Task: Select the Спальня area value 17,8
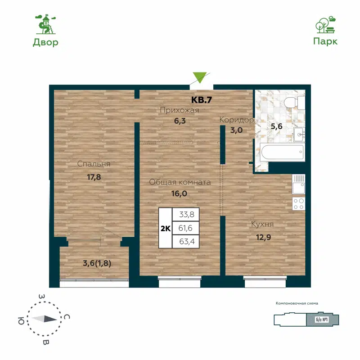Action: point(94,177)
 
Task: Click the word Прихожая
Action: point(180,110)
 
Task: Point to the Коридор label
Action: point(237,120)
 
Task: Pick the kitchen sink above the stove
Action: point(298,184)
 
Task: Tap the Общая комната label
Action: point(180,182)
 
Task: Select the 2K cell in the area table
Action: point(165,229)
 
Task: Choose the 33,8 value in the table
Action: point(186,215)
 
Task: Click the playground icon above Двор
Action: point(45,24)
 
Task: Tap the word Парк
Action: point(325,41)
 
